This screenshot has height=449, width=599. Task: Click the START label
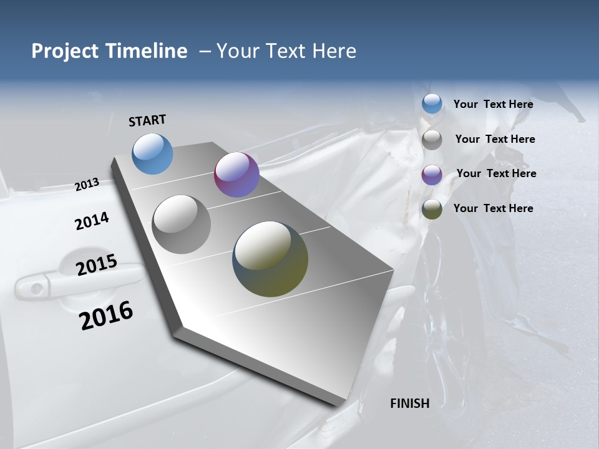click(147, 120)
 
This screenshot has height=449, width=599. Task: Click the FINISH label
click(409, 403)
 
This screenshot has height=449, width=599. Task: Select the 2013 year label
click(87, 185)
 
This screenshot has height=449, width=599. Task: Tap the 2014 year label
click(92, 221)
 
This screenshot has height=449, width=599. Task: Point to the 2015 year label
click(97, 265)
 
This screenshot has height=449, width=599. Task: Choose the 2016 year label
click(107, 316)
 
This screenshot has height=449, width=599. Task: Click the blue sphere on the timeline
click(152, 153)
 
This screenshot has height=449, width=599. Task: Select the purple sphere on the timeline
click(236, 175)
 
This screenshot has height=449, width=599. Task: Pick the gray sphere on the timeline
click(181, 224)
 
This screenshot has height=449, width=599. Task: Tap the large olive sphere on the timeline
click(270, 259)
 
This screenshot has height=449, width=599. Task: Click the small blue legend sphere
click(432, 104)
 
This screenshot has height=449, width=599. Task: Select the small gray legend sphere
click(432, 140)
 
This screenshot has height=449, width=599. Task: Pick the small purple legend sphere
click(432, 175)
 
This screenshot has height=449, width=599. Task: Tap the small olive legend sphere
click(432, 209)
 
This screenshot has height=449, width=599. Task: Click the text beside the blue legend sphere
click(493, 104)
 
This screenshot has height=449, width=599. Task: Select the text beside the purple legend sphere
click(496, 173)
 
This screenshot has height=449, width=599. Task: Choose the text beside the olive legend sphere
click(493, 208)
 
